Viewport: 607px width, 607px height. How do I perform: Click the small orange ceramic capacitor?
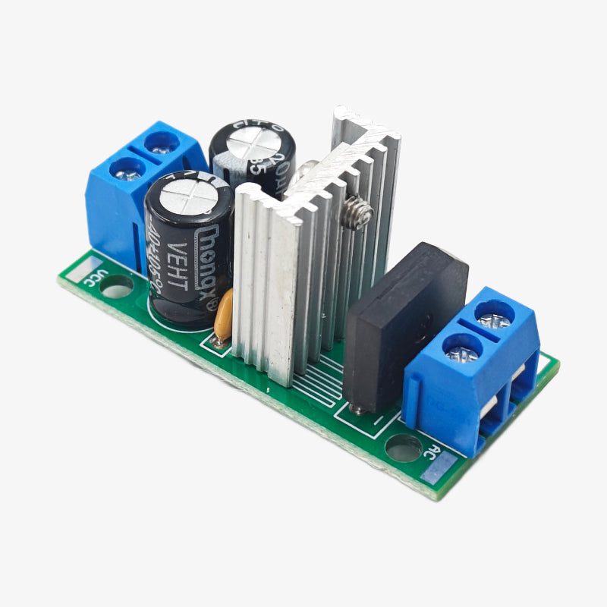click(223, 317)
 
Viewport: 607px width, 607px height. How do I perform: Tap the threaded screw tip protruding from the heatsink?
click(357, 214)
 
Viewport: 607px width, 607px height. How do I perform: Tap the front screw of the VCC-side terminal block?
click(127, 172)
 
